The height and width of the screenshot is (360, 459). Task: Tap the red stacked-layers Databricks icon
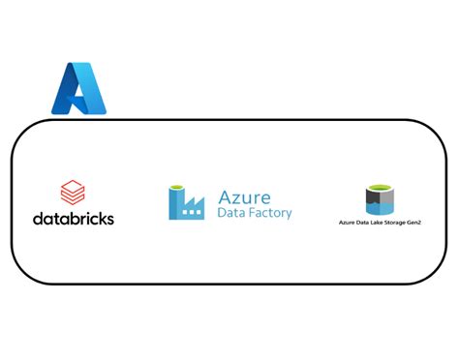click(73, 193)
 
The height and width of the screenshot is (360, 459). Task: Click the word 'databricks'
click(74, 219)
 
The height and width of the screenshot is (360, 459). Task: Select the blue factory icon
click(186, 202)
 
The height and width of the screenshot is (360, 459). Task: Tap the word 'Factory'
click(270, 213)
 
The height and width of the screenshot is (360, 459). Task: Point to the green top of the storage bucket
click(379, 188)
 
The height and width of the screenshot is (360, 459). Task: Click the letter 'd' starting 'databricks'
click(38, 219)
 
